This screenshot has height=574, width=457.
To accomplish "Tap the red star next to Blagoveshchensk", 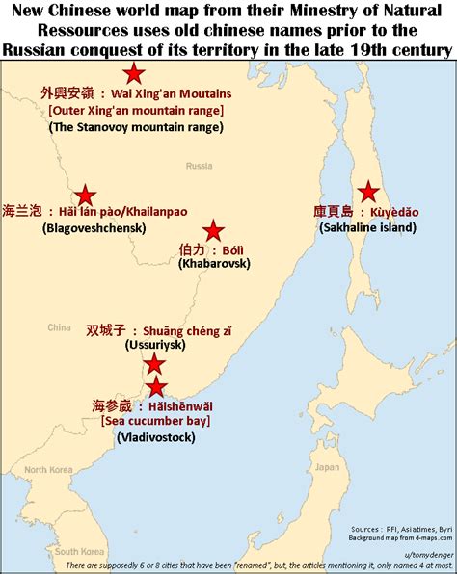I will (85, 196).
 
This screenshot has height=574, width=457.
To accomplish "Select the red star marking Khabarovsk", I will (213, 230).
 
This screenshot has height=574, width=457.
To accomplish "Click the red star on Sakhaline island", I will (366, 192).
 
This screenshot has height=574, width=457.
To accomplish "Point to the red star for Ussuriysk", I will (153, 363).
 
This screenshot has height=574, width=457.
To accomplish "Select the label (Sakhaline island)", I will (367, 227).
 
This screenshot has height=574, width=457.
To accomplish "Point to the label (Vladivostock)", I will (156, 437).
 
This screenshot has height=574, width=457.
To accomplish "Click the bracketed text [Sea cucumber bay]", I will (155, 421).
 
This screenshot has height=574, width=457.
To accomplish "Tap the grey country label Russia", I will (199, 165).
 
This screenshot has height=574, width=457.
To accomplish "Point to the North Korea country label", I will (48, 470).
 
